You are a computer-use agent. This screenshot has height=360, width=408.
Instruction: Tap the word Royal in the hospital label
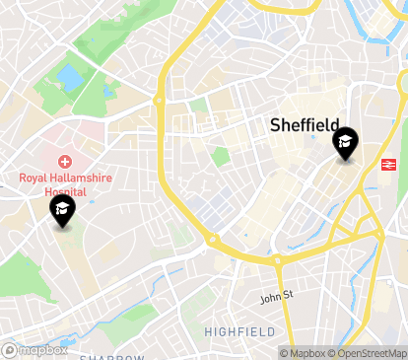[34, 178]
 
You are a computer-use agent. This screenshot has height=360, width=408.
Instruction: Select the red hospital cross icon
[65, 161]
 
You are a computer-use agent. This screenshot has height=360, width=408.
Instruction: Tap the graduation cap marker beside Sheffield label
[345, 144]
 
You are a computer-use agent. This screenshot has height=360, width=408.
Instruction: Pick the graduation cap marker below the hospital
[63, 208]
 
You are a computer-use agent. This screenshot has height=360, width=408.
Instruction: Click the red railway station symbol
[389, 164]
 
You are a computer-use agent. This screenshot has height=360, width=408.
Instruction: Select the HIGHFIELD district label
[239, 332]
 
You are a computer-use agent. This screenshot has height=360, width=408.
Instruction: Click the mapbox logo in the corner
[35, 349]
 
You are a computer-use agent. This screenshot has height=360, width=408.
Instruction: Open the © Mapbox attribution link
[305, 352]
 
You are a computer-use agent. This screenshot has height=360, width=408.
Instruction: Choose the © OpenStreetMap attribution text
[369, 352]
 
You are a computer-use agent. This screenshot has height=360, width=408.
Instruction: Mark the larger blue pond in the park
[70, 76]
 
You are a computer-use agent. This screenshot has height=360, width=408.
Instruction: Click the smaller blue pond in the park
[107, 91]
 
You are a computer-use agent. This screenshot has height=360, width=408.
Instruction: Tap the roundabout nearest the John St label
[277, 261]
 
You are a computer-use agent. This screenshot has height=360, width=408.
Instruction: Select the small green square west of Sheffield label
[221, 156]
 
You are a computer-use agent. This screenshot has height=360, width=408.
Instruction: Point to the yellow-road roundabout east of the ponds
[159, 100]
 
